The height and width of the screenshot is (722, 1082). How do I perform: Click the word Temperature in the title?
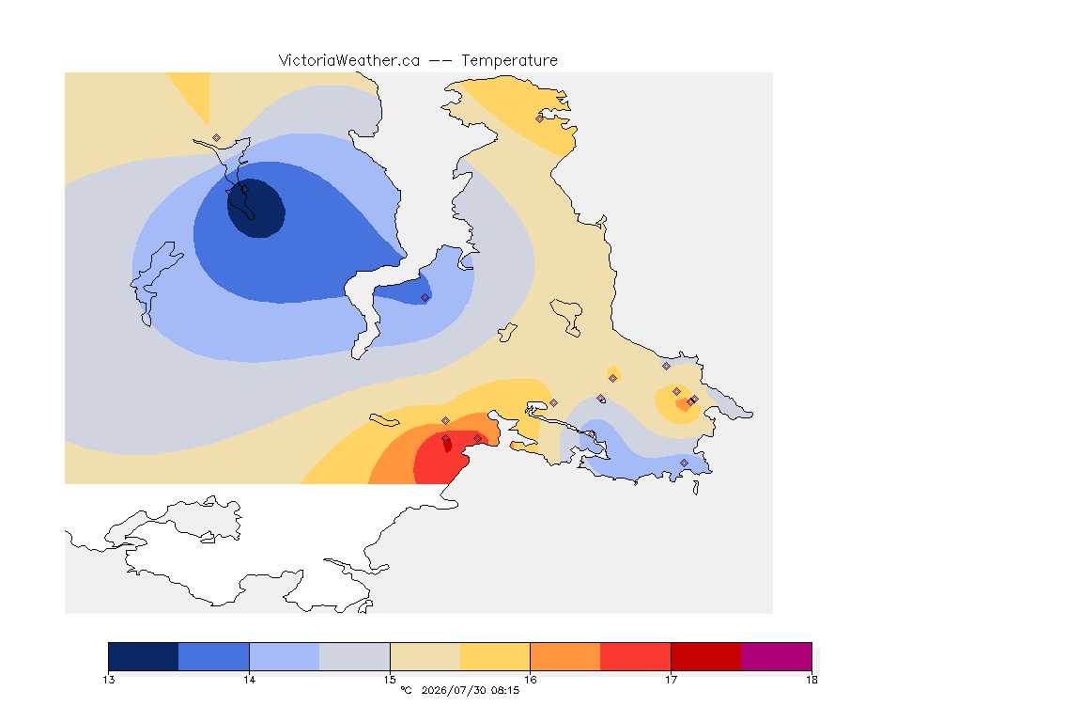[509, 61]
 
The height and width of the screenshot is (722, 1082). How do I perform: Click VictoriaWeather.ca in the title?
[349, 61]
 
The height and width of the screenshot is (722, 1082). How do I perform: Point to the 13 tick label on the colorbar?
[109, 680]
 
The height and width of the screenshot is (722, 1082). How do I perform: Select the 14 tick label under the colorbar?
[249, 680]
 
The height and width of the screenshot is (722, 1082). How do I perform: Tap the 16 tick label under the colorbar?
[530, 680]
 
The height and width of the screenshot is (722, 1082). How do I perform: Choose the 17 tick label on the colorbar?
[671, 680]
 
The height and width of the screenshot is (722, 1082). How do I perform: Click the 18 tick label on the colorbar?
[811, 680]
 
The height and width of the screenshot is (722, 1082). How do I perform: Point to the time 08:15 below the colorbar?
[506, 690]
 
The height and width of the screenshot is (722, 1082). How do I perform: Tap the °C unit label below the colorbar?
[407, 690]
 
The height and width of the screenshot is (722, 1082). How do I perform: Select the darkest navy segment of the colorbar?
[144, 656]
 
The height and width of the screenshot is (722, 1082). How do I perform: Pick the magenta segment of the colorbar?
[777, 656]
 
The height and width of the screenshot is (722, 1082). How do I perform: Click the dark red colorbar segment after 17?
[706, 656]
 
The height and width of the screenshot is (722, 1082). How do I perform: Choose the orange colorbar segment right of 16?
[565, 656]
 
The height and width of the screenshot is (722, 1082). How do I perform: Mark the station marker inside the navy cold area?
[244, 190]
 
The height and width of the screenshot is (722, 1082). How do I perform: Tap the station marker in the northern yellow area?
[540, 118]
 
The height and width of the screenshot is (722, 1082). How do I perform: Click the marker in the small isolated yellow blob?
[612, 378]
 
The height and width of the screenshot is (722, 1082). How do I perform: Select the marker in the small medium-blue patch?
[425, 298]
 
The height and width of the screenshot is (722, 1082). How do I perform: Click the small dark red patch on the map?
[448, 445]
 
